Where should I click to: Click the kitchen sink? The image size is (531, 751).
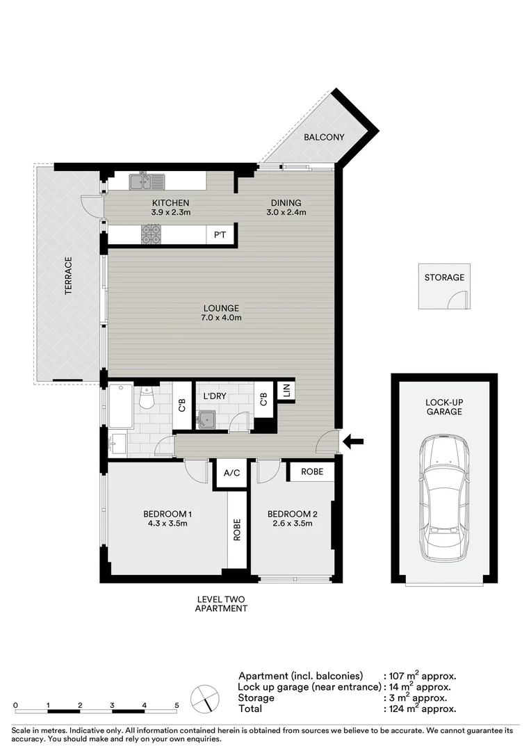tap(147, 181)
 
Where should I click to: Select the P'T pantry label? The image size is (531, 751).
tap(220, 235)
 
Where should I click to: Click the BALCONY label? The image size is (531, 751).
tap(324, 137)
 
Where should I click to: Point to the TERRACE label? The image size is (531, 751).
tap(68, 275)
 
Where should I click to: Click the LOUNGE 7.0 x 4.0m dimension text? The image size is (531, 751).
tap(221, 318)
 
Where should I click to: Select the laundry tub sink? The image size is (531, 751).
tap(206, 419)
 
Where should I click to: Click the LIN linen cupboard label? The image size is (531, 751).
tap(286, 391)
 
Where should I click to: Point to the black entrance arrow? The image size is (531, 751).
tap(354, 441)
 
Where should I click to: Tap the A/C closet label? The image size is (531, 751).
tap(231, 473)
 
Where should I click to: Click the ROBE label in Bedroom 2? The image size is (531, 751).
tap(312, 471)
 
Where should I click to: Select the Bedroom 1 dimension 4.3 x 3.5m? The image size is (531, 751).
tap(168, 524)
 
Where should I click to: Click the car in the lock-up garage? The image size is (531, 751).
tap(444, 498)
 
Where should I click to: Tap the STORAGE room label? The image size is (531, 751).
tap(444, 277)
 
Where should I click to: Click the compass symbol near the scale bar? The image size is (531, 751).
tap(205, 699)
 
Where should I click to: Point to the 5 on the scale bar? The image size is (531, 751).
tap(177, 705)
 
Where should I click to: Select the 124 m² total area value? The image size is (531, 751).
tap(403, 709)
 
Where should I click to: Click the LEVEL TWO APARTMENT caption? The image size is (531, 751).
tap(221, 604)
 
